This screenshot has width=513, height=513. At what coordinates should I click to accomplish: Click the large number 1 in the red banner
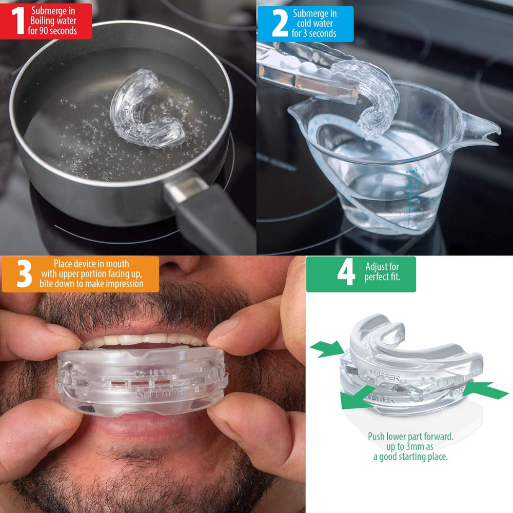point(17,21)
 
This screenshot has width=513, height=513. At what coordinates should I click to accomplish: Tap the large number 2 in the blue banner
point(279,24)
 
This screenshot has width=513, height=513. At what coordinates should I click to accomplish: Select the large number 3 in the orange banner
point(24,273)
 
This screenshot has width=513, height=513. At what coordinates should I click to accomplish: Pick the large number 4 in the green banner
point(346,273)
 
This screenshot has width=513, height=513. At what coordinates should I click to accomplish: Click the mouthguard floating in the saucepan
point(146,110)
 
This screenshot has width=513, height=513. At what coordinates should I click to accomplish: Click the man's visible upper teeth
point(144,340)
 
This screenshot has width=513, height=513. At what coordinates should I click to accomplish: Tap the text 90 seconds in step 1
point(56,31)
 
